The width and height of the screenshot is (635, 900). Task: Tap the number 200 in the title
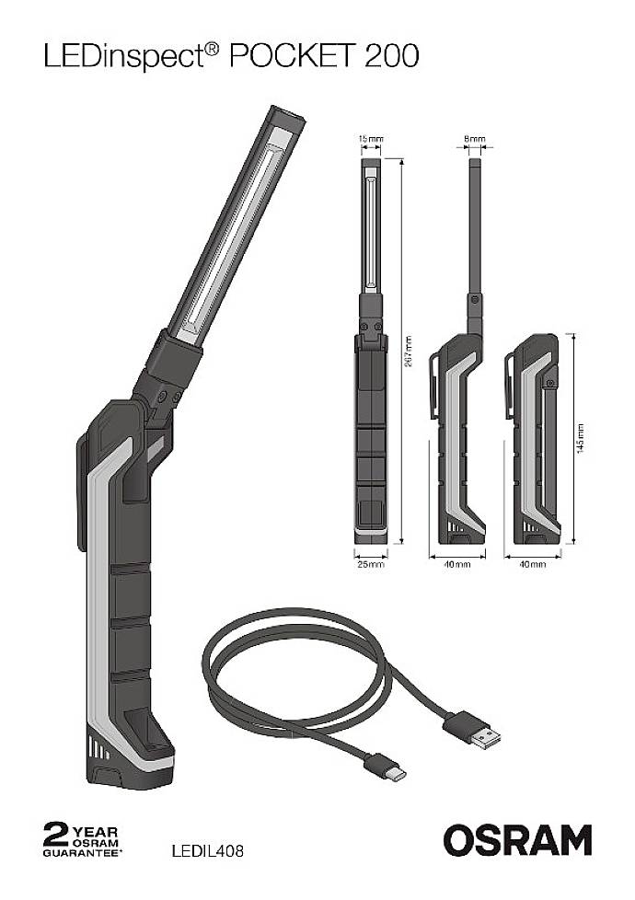(x=391, y=57)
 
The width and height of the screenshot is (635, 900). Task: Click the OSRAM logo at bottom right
(x=517, y=840)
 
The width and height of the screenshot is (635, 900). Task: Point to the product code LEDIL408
(x=207, y=851)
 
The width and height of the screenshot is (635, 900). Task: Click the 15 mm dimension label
(x=368, y=139)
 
